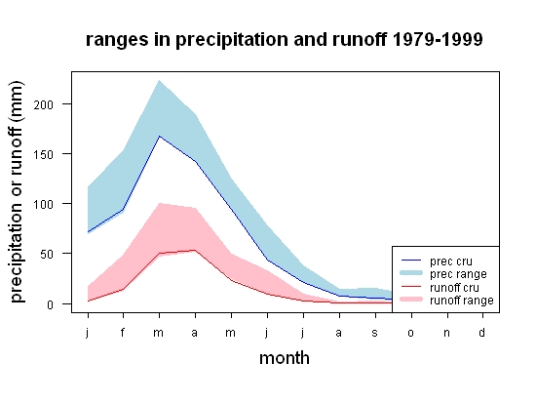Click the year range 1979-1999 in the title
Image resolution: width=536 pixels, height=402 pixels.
438,39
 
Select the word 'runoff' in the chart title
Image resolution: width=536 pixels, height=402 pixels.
360,39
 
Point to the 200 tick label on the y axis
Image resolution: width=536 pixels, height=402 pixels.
44,104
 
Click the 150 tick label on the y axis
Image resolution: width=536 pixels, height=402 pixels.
44,154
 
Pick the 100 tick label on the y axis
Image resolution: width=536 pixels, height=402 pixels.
44,205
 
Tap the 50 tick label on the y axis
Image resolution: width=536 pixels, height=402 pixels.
47,255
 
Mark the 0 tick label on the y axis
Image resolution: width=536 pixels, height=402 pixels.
51,304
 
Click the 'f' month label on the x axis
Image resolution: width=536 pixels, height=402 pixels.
123,332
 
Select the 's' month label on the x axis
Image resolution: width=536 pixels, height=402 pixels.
374,333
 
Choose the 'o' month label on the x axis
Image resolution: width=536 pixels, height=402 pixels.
410,333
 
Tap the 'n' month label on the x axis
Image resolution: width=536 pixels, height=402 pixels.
446,333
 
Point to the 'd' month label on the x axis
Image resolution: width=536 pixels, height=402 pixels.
481,332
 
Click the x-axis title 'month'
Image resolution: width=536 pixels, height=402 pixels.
285,358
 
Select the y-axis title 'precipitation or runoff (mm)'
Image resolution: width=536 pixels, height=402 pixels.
17,192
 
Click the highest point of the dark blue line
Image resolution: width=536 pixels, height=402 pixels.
159,137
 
